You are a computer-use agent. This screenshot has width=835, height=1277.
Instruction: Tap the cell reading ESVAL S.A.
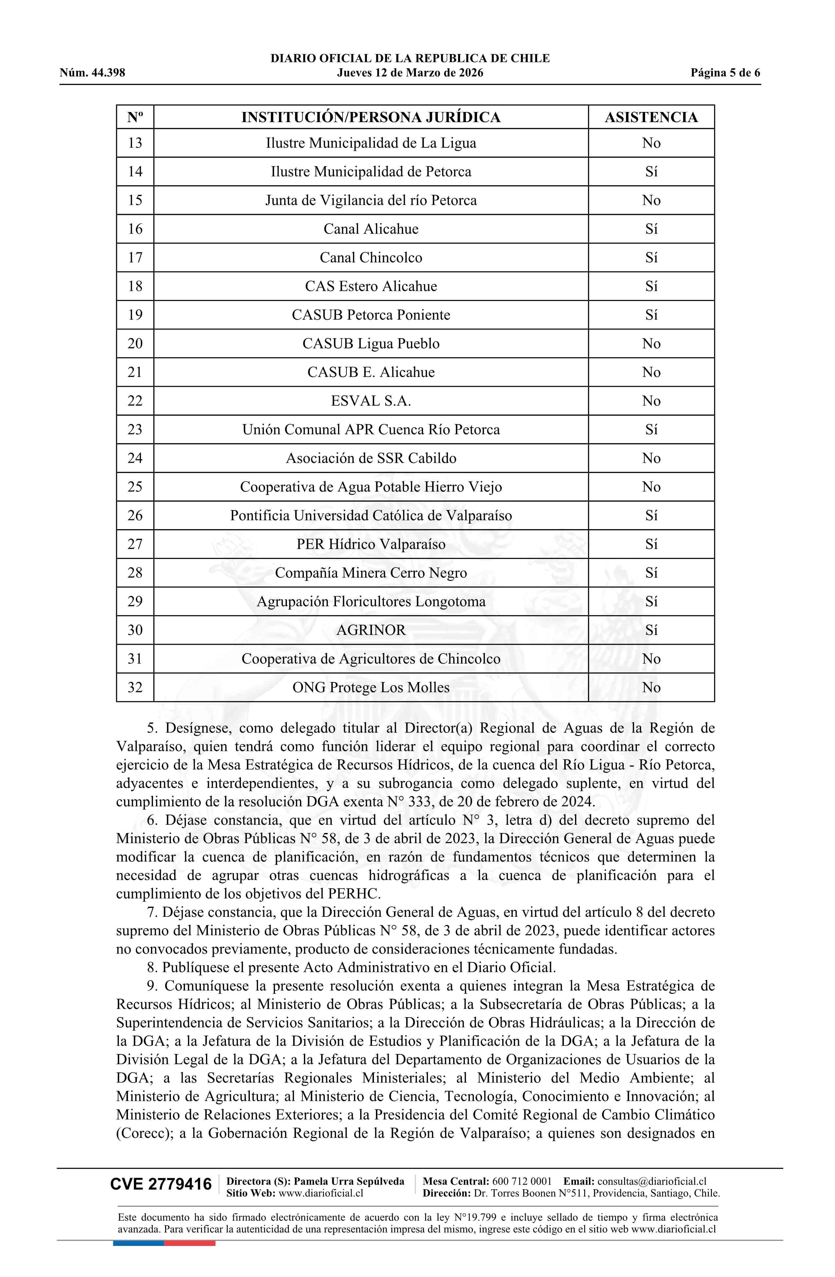tap(371, 401)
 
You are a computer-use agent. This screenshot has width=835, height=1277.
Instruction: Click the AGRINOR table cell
tap(371, 630)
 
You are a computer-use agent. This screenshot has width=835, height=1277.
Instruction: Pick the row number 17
tap(135, 258)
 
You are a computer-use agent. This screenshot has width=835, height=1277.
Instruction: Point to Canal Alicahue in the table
tap(371, 229)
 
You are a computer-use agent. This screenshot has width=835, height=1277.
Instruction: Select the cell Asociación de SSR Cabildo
tap(371, 458)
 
